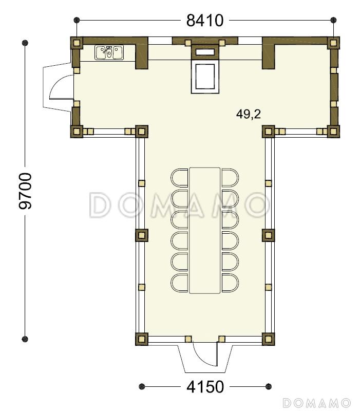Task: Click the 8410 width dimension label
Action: [205, 20]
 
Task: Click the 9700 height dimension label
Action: [25, 191]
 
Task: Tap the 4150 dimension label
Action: [205, 387]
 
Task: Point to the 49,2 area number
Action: [249, 114]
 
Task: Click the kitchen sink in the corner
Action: [109, 53]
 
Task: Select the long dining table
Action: [204, 230]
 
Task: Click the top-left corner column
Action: [77, 43]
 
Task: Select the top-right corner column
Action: [333, 43]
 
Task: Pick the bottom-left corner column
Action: [142, 339]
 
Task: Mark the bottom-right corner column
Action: [268, 339]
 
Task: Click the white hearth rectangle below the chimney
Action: [205, 77]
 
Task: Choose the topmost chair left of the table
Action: [179, 178]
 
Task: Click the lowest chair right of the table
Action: [230, 283]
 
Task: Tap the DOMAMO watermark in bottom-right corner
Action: [316, 403]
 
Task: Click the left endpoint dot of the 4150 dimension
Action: [142, 386]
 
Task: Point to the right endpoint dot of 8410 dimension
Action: [333, 20]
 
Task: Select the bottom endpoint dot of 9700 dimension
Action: [25, 339]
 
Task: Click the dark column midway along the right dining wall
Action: [268, 235]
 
